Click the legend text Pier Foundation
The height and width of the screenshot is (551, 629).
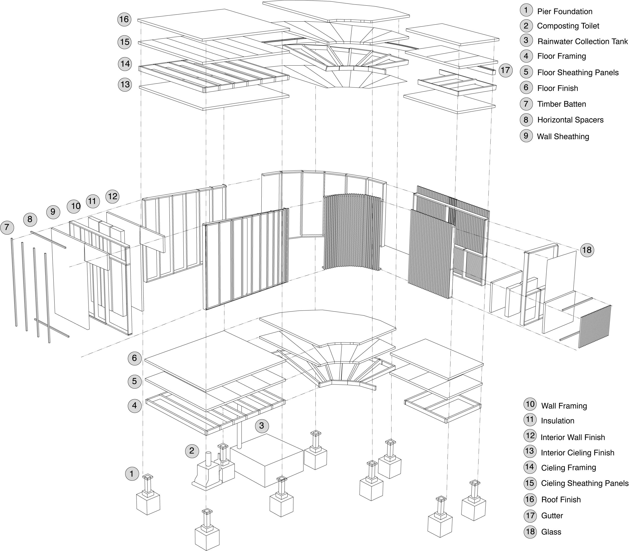564,12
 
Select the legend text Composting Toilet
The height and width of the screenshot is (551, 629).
568,26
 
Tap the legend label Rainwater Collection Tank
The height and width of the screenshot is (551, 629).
582,42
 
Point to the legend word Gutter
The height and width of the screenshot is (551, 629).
552,516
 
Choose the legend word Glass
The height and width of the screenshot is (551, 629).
551,532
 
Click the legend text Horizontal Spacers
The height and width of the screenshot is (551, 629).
570,120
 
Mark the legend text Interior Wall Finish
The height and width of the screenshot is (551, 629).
573,437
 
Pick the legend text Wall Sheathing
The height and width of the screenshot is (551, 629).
563,137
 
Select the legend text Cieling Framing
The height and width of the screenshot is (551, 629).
568,468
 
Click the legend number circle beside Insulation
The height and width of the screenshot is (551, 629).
530,420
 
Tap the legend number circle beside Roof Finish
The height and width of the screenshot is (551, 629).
530,499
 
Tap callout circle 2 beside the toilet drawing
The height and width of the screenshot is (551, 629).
192,451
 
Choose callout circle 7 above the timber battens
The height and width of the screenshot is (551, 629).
7,228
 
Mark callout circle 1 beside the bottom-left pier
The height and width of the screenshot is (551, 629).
132,474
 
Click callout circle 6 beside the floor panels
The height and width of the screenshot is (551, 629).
135,358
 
